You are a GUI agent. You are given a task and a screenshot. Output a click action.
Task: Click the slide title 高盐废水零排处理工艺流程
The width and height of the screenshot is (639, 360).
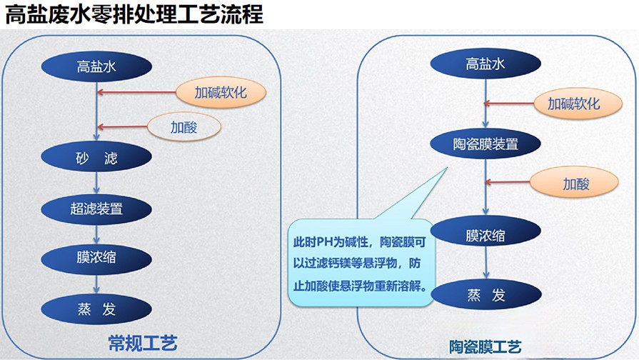[134, 14]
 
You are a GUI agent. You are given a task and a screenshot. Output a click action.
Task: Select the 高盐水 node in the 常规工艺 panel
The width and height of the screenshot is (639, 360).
[96, 66]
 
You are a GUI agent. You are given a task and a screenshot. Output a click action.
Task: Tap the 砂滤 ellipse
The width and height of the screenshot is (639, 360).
[96, 157]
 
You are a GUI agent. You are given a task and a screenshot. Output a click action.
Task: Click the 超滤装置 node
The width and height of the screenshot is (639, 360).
[96, 209]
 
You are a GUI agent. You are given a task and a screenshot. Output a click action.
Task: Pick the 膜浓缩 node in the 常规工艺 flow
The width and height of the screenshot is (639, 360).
[96, 258]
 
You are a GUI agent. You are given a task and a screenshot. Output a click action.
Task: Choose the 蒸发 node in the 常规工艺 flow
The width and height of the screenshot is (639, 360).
[96, 309]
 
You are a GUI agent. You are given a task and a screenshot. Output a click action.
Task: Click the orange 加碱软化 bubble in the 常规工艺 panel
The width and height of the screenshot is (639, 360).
[221, 93]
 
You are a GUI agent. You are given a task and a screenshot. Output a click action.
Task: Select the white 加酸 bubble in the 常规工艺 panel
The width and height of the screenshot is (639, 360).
[184, 127]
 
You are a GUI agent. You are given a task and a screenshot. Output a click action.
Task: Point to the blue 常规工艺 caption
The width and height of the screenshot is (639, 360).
[143, 344]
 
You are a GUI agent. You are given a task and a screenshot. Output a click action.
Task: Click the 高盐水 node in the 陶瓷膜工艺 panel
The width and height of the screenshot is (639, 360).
[485, 64]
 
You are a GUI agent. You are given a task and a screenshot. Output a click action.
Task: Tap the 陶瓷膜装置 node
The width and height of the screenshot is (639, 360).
[485, 144]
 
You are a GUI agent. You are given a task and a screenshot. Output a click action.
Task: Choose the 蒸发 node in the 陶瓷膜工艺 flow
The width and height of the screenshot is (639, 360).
[486, 294]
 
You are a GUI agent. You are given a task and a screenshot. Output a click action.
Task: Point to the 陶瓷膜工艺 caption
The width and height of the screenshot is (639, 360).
[485, 347]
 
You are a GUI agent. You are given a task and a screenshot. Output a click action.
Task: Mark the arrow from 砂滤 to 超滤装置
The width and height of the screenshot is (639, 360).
[96, 183]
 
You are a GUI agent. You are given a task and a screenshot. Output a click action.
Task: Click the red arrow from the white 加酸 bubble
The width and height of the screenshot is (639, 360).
[122, 127]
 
